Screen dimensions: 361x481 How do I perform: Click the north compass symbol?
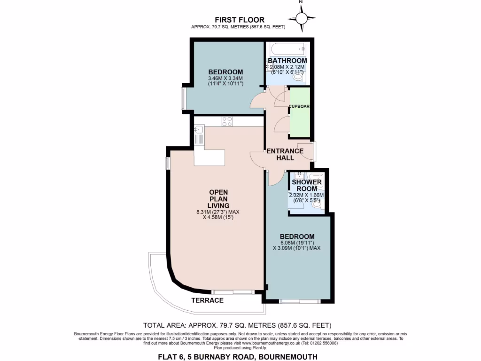[x=302, y=18]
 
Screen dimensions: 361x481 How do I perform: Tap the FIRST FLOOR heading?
[x=240, y=20]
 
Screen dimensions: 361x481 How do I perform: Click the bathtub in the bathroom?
[x=286, y=49]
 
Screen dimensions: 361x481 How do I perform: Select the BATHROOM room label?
[x=287, y=61]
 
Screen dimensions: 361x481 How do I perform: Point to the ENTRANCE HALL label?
[x=285, y=154]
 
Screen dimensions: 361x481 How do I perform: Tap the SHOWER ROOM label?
[x=307, y=185]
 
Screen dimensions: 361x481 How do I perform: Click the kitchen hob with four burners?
[x=227, y=121]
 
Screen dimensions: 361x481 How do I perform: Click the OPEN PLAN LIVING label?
[x=219, y=199]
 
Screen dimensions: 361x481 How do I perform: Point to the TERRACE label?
[x=207, y=300]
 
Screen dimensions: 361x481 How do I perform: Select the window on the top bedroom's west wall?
[x=183, y=99]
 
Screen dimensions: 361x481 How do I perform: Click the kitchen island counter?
[x=209, y=157]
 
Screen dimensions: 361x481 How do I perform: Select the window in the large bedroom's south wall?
[x=300, y=300]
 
